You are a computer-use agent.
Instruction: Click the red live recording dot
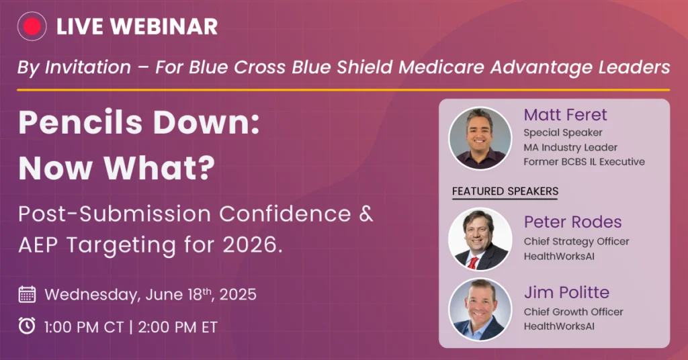[32, 26]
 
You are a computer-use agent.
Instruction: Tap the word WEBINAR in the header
[164, 27]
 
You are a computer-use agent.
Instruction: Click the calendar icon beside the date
[27, 294]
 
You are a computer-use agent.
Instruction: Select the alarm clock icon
[27, 326]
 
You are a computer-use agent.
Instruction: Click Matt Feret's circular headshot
[480, 138]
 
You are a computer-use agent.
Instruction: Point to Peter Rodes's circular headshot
[480, 239]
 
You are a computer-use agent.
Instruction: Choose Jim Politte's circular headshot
[480, 310]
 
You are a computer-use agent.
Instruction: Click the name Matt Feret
[565, 115]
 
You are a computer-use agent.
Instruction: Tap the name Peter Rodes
[572, 222]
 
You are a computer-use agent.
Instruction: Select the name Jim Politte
[566, 292]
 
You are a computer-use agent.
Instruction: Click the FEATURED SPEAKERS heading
[505, 191]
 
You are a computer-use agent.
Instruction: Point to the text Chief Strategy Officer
[576, 242]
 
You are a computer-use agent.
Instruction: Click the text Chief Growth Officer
[573, 312]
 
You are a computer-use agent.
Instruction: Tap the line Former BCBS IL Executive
[584, 162]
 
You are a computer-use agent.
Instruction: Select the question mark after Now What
[205, 168]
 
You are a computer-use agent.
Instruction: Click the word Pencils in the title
[81, 122]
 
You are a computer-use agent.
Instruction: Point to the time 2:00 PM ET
[177, 327]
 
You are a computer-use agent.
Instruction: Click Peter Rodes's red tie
[473, 263]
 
